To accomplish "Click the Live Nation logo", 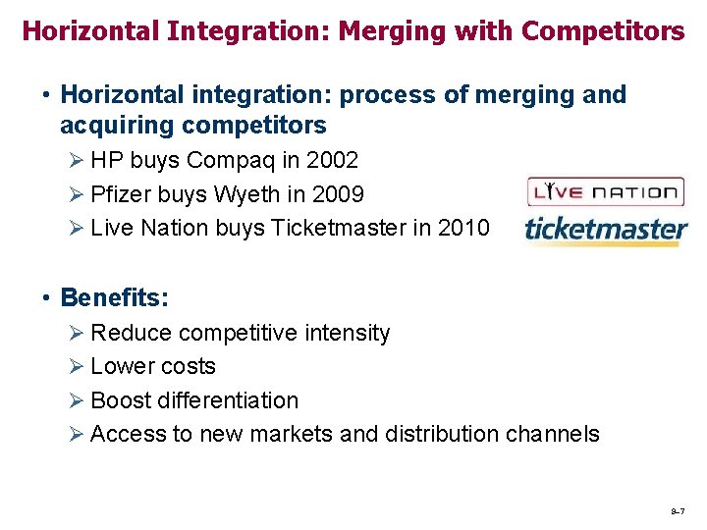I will [x=604, y=191].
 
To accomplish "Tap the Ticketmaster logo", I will [x=606, y=230].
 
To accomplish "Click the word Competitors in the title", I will [x=603, y=31].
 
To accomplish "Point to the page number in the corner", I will [x=677, y=511].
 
